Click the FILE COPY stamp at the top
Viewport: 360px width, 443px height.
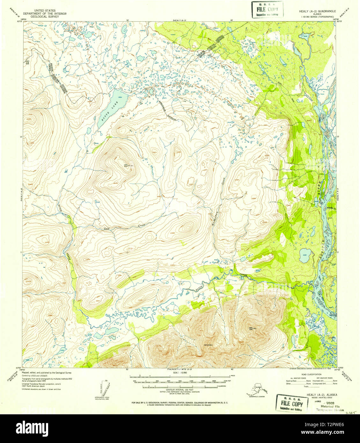click(267, 10)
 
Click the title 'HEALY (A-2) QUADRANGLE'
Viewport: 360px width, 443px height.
click(317, 11)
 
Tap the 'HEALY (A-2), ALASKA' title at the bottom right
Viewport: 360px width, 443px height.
click(322, 395)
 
